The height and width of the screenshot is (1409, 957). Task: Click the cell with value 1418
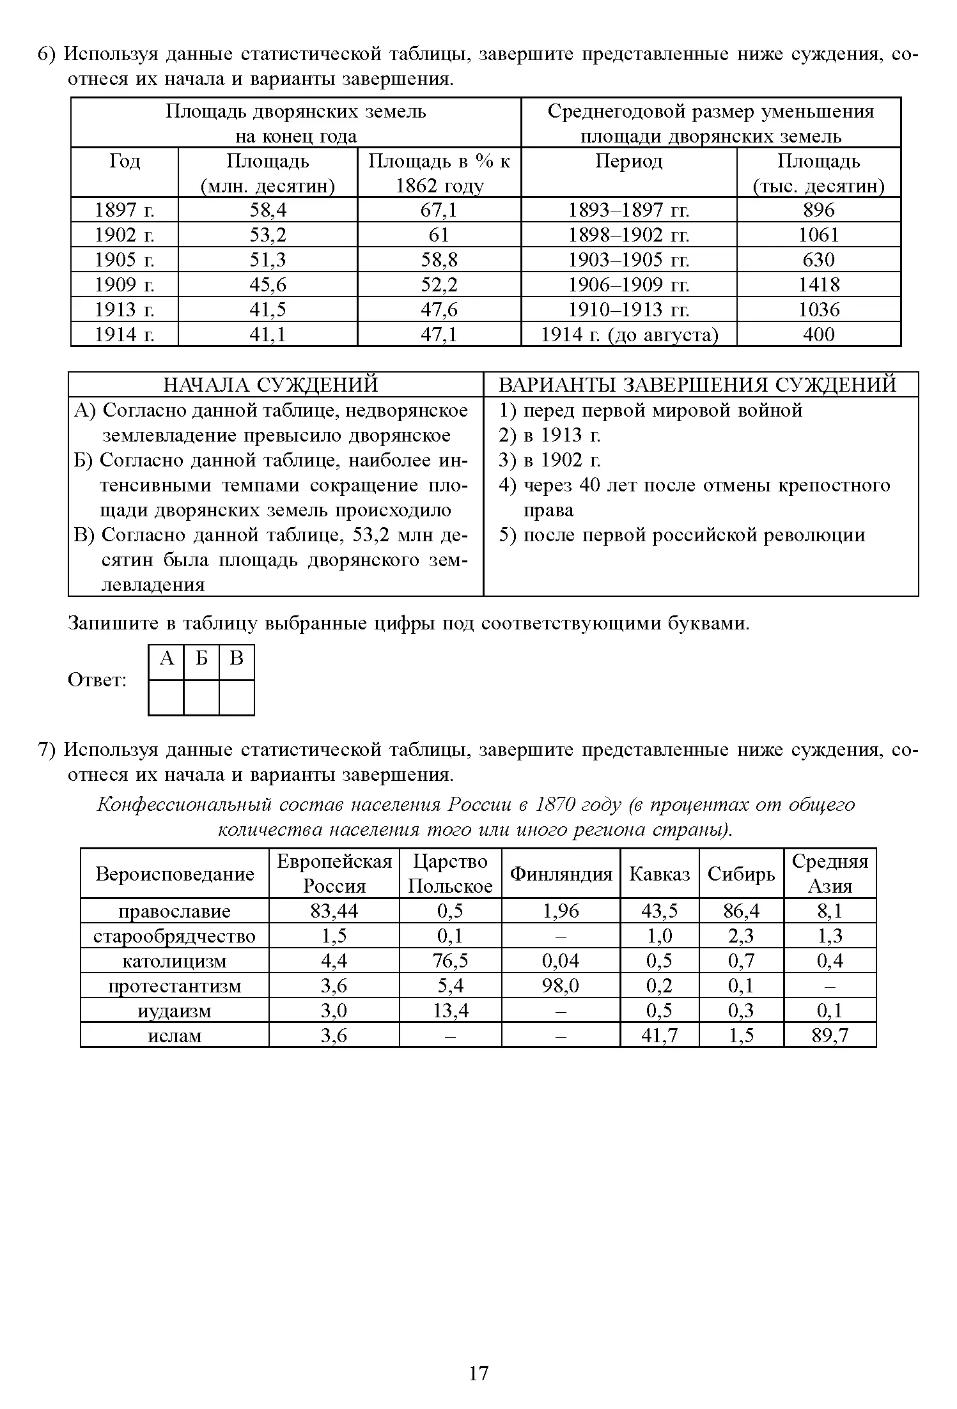tap(818, 284)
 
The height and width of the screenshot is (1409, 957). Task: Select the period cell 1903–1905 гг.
tap(628, 260)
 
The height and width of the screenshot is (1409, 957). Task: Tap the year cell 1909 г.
tap(124, 284)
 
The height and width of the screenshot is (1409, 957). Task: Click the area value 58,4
tap(267, 210)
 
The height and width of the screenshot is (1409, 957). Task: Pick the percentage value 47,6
tap(439, 309)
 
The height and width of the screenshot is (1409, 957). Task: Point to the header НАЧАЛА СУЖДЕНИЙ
tap(270, 385)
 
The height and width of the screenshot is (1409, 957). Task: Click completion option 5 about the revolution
tap(681, 535)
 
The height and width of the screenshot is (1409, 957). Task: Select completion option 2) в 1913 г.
tap(550, 435)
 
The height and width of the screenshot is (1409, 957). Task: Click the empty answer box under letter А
tap(166, 697)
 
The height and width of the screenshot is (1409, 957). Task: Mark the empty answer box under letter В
tap(237, 697)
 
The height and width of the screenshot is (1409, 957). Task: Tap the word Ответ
tap(97, 681)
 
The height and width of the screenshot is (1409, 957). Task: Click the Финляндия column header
tap(561, 874)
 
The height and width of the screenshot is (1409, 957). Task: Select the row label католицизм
tap(175, 961)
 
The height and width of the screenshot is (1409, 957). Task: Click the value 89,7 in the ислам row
tap(829, 1035)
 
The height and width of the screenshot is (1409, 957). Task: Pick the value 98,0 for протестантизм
tap(561, 986)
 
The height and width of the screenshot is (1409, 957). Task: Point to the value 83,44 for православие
tap(334, 911)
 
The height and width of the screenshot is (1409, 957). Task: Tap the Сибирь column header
tap(741, 874)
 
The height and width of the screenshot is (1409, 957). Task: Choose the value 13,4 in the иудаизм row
tap(450, 1010)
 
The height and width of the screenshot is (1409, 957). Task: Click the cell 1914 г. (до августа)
tap(628, 334)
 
